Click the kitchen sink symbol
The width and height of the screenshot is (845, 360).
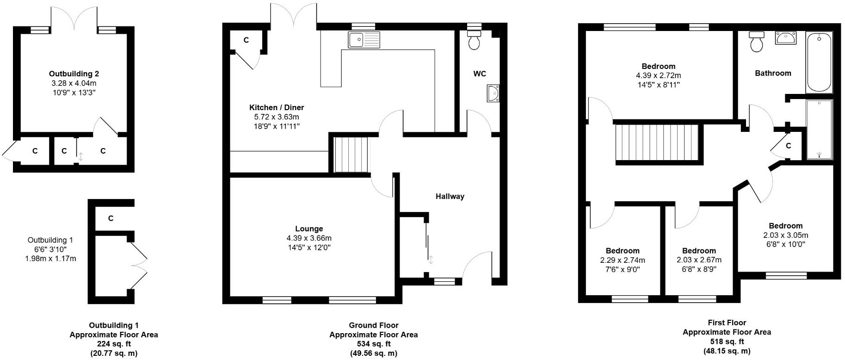click(x=364, y=40)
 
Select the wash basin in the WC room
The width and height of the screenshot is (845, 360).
click(x=493, y=93)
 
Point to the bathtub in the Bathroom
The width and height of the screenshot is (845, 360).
click(x=819, y=62)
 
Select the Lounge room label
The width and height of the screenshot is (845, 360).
click(x=309, y=229)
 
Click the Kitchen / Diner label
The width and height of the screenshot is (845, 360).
click(x=277, y=107)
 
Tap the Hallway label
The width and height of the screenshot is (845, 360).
click(x=450, y=196)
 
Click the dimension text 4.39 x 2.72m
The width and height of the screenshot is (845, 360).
click(x=658, y=75)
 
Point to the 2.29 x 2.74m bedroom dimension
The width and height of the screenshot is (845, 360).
click(x=623, y=260)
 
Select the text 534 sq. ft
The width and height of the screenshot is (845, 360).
click(x=373, y=344)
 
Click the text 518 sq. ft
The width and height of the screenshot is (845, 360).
click(x=727, y=341)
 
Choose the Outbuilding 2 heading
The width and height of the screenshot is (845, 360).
click(x=74, y=74)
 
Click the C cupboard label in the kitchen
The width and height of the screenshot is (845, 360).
click(x=246, y=40)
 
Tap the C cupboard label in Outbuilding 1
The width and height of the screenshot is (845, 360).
click(x=111, y=218)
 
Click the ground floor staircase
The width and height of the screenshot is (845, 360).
click(x=351, y=154)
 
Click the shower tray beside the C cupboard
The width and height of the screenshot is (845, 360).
click(x=819, y=130)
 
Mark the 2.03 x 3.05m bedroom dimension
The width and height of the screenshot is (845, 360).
click(x=785, y=235)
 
